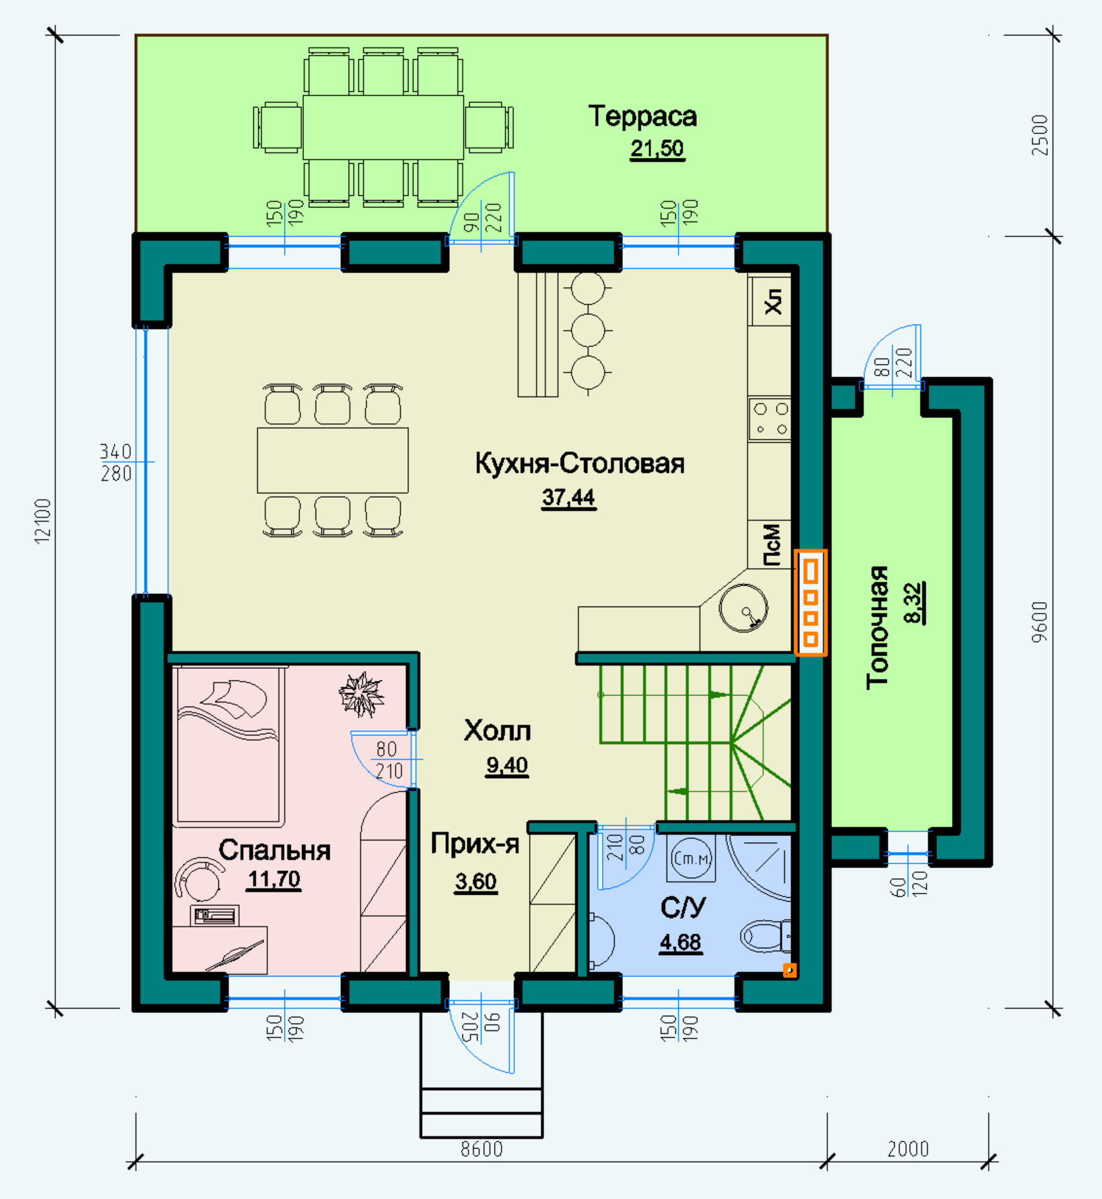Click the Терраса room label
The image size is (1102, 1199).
point(642,117)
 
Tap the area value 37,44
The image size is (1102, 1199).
point(569,498)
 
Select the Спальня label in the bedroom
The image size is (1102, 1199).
point(274,850)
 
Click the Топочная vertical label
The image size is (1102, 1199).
point(878,627)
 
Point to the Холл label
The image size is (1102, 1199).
point(497,731)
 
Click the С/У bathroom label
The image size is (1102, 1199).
point(683,907)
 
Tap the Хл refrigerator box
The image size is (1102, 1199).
point(769,301)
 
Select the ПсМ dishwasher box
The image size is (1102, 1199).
point(769,544)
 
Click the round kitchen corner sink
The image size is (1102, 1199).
point(744,608)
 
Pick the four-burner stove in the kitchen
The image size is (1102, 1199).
point(769,419)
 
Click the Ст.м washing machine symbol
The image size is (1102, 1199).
point(691,858)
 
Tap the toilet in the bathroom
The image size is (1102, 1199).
point(766,936)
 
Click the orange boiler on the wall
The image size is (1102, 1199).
point(811,602)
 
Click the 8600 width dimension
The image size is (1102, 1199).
point(482,1149)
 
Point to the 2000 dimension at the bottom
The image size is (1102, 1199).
point(908,1149)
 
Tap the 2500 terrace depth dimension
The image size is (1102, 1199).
point(1040,135)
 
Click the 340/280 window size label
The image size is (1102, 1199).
point(116,462)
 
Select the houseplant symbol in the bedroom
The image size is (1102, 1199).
point(361,694)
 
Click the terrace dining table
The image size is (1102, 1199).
point(383,127)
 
